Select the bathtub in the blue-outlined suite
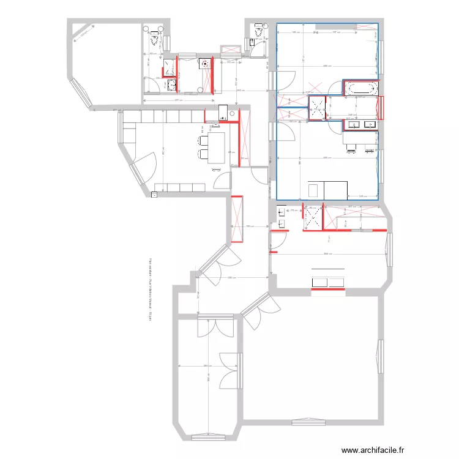click(x=361, y=88)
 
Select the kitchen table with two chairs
click(x=216, y=148)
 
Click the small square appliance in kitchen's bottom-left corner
click(x=154, y=194)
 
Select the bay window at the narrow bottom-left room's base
click(x=209, y=437)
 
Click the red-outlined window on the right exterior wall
click(x=382, y=108)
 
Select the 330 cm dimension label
click(x=230, y=278)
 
